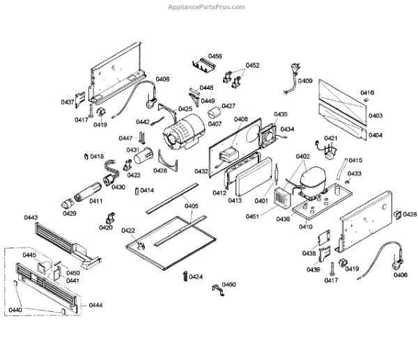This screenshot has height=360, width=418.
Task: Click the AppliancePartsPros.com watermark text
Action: click(207, 7)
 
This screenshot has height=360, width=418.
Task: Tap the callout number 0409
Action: click(305, 80)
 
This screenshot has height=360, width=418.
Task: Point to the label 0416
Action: click(366, 93)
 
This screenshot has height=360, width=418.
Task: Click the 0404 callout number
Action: click(376, 134)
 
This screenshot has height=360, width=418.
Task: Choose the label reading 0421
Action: click(330, 138)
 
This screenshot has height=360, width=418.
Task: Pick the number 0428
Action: click(410, 214)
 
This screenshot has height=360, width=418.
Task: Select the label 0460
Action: click(229, 284)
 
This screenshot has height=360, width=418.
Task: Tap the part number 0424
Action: click(196, 277)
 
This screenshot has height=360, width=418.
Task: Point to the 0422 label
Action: click(128, 230)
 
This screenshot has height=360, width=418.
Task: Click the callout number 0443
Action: click(31, 217)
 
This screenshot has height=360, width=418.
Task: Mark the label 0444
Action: click(96, 305)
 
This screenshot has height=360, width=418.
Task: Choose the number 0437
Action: click(67, 102)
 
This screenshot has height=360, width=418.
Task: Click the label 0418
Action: click(96, 156)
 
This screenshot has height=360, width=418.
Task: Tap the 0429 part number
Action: click(70, 213)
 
